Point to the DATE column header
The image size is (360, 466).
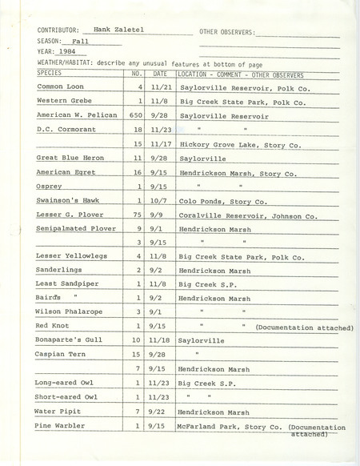point(160,74)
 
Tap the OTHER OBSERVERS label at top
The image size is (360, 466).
point(226,32)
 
